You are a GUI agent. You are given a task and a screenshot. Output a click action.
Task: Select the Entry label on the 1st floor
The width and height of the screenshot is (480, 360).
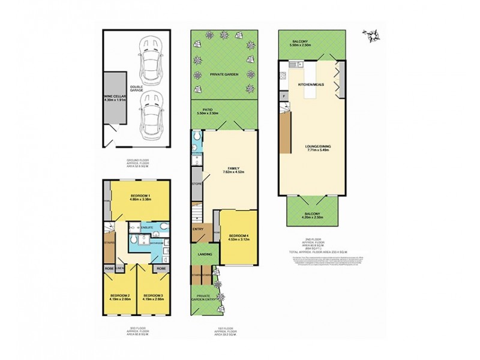tap(198, 229)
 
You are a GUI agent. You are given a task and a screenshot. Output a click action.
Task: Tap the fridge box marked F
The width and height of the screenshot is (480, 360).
tap(283, 95)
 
